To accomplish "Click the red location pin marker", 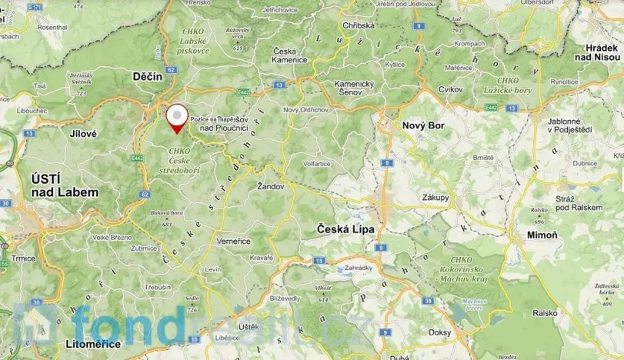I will tap(178, 119).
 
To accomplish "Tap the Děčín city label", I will tap(147, 77).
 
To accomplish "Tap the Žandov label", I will tap(272, 186).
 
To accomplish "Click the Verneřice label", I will tap(233, 241).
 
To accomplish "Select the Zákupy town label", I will tap(435, 198).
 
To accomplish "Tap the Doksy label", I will tap(439, 332).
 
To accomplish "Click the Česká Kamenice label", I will tap(290, 55).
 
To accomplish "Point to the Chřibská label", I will tap(359, 25).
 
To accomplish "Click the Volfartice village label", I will tap(318, 163).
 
